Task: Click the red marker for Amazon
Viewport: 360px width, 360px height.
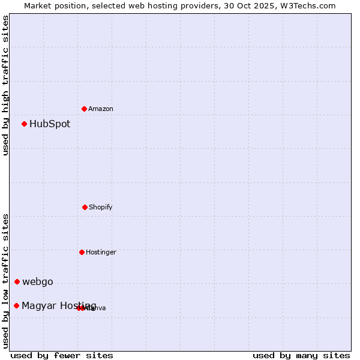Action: [85, 109]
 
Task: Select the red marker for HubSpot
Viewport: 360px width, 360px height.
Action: [25, 124]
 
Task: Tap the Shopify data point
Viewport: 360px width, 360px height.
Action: [85, 207]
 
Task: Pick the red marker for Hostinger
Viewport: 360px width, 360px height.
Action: [82, 252]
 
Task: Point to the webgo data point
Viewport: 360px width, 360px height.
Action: [17, 282]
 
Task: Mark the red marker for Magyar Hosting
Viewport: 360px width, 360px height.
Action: [17, 306]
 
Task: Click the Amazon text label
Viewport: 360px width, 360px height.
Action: [101, 109]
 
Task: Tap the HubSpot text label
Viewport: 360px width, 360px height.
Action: [50, 124]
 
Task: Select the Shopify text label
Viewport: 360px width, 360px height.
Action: [101, 207]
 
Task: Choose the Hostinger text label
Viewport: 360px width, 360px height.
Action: [101, 252]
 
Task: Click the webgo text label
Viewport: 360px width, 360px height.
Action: [38, 282]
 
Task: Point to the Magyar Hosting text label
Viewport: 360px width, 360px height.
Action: [59, 306]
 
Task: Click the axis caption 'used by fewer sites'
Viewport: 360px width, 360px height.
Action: [62, 355]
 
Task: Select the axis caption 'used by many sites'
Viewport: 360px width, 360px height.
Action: [301, 355]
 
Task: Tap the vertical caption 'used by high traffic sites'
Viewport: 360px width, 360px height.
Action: [5, 85]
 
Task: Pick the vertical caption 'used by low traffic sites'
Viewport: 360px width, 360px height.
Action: [5, 281]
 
